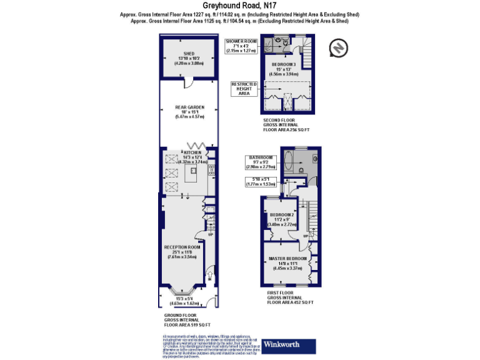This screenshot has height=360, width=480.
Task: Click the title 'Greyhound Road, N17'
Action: pos(240,5)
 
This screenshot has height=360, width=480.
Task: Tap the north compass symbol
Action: pos(338,47)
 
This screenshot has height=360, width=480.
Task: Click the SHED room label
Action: pos(190,53)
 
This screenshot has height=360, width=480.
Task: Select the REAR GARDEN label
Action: pos(190,107)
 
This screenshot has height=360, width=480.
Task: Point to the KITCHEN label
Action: pos(192,152)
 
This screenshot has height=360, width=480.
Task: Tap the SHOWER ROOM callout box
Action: pos(241,46)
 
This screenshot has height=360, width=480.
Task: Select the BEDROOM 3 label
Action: pos(284,64)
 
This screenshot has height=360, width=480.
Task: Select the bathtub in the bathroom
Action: pos(288,162)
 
